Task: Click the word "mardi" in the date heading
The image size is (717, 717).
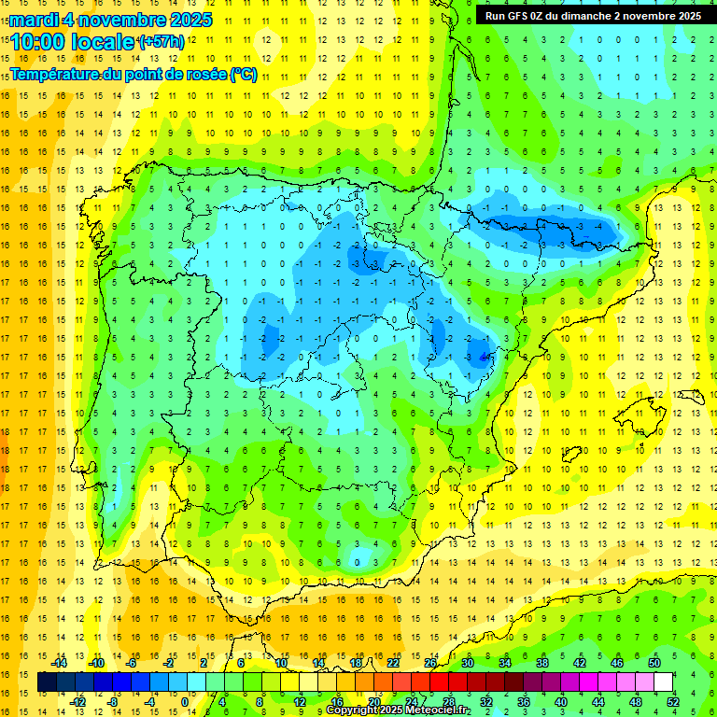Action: point(34,20)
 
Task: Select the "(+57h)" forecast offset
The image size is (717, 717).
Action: point(161,41)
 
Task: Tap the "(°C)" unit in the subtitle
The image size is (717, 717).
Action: point(243,75)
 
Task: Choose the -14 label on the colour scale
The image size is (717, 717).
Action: point(61,663)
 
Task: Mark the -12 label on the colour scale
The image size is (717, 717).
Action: point(77,701)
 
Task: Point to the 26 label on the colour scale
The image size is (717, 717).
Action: point(430,663)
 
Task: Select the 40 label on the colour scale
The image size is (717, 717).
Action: point(561,701)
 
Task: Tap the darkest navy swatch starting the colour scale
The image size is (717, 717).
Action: point(48,682)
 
